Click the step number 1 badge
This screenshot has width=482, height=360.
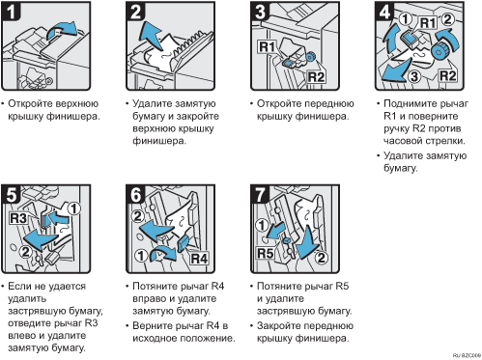tap(11, 12)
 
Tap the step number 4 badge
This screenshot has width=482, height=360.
tap(384, 12)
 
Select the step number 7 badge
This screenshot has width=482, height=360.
tap(260, 194)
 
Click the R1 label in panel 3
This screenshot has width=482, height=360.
tap(268, 47)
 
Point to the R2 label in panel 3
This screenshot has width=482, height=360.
tap(316, 77)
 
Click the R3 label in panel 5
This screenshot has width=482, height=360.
tap(18, 218)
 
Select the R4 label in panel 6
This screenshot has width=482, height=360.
tap(199, 258)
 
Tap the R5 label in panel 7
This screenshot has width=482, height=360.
tap(266, 253)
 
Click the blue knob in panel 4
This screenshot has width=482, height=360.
tap(439, 50)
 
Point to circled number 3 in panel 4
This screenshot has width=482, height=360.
tap(414, 76)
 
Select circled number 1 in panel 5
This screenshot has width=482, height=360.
tap(73, 208)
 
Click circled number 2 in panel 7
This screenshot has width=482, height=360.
tap(321, 258)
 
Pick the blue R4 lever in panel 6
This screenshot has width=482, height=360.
tap(184, 243)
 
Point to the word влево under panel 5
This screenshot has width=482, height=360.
tap(22, 336)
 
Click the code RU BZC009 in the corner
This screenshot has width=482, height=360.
tap(469, 355)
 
